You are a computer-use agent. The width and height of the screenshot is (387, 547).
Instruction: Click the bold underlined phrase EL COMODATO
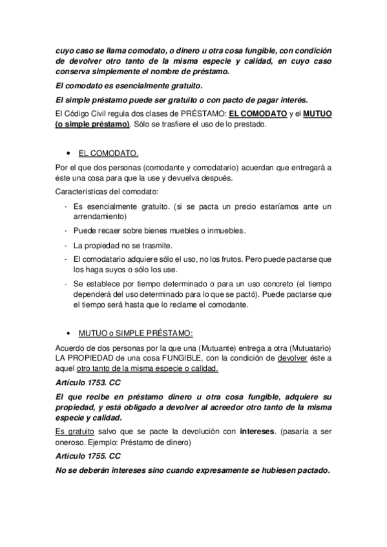(258, 113)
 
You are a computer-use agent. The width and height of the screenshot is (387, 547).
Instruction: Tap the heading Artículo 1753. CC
(88, 382)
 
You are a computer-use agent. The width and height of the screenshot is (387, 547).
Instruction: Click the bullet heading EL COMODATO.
(108, 154)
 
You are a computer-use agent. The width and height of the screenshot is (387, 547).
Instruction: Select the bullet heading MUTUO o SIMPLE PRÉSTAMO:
(135, 333)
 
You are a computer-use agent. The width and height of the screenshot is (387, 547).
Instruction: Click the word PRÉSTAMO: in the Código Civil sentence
(194, 113)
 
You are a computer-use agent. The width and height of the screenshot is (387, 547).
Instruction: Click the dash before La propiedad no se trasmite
(67, 246)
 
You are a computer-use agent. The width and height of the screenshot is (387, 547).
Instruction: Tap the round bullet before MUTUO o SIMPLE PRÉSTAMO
(68, 334)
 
